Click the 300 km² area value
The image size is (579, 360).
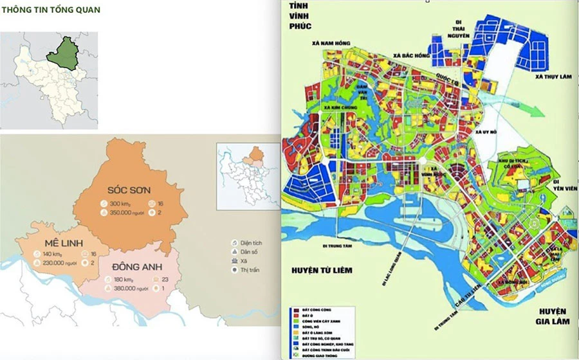click(121, 203)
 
